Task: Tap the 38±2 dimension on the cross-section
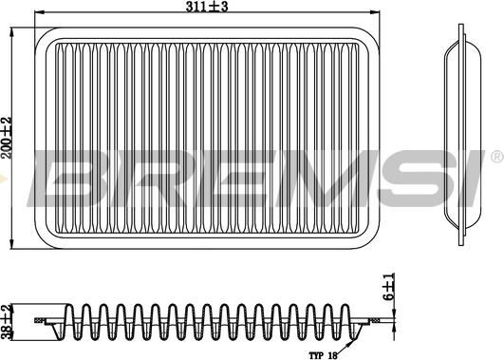coord(9,320)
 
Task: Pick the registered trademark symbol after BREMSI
coord(495,155)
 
